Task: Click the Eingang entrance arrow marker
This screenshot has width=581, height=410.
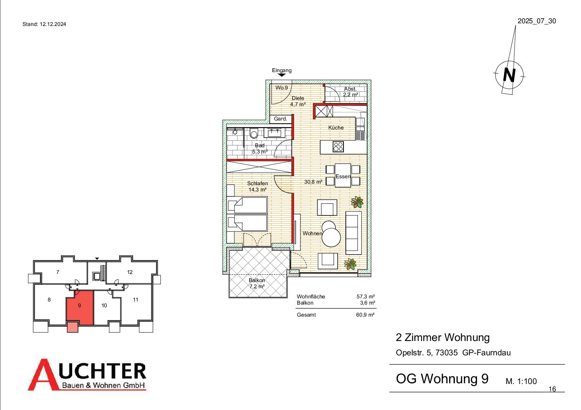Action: pos(282,75)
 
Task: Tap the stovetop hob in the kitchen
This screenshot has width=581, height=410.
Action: pos(338,146)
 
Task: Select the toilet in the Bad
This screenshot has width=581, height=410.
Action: pos(253,133)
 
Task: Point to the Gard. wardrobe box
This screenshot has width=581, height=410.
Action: pos(281,119)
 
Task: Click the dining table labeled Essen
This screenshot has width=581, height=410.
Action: pos(343,175)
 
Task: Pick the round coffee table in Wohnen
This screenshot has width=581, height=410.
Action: pos(331,237)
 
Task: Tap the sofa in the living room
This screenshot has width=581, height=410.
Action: pos(354,233)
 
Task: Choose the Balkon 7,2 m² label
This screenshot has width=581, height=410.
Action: pos(257,283)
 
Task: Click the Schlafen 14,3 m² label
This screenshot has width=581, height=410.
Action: pos(257,186)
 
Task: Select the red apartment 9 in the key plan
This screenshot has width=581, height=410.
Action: pos(80,307)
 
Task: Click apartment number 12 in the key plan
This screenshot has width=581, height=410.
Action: pos(130,272)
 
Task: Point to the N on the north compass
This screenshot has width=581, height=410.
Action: pos(509,75)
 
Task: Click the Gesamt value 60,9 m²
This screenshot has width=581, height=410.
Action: pos(365,315)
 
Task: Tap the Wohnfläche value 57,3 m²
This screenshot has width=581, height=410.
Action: pos(366,296)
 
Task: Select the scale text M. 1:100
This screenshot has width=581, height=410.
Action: pos(521,381)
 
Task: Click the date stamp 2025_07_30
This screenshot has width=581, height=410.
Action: pos(537,21)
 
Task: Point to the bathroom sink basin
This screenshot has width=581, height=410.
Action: pos(274,133)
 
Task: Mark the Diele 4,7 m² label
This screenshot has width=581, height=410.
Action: pos(298,101)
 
